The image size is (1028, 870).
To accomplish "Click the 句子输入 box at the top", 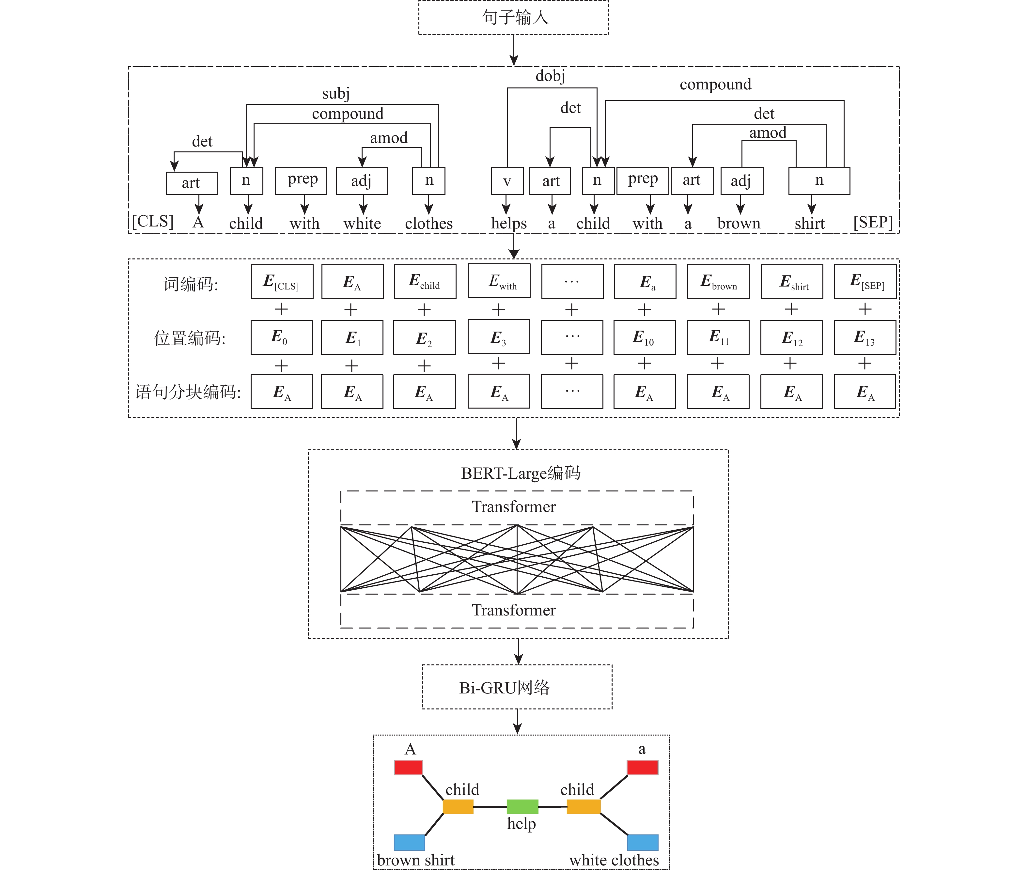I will [x=513, y=18].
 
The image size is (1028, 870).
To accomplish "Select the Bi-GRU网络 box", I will [x=517, y=687].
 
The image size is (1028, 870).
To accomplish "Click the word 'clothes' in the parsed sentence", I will [x=429, y=224].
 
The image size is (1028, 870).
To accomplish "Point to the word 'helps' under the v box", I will [x=508, y=224].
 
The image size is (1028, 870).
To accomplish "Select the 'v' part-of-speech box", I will [x=506, y=181].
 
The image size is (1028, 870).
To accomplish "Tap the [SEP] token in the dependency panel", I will [x=873, y=222].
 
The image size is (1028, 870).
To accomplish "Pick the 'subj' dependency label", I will [x=335, y=93].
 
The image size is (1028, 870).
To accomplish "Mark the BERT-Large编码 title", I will [x=521, y=473].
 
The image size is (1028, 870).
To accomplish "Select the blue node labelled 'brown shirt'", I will [x=409, y=842].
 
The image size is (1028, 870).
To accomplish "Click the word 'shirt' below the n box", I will [x=809, y=224].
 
